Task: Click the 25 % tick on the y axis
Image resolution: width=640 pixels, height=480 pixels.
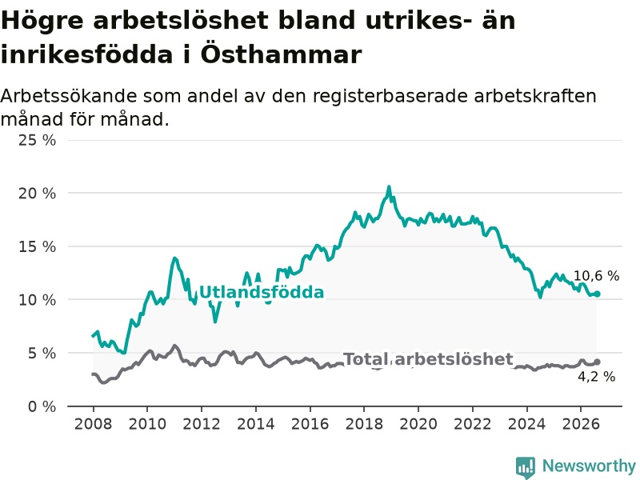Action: (x=37, y=141)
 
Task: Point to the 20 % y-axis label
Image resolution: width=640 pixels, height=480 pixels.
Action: (x=37, y=194)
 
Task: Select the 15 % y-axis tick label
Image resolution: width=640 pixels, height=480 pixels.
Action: (x=37, y=246)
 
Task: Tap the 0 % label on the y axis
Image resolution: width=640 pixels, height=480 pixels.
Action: (x=42, y=406)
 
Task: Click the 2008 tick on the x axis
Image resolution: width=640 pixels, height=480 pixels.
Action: (x=93, y=424)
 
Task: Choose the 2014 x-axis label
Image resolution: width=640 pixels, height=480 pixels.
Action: (x=255, y=424)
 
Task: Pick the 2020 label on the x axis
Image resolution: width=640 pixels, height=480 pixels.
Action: (x=418, y=424)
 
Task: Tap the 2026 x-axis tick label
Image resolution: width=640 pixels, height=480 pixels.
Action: (x=581, y=424)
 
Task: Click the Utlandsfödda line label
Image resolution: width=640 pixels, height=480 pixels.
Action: (x=262, y=292)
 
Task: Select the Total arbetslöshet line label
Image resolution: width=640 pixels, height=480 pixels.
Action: (x=428, y=359)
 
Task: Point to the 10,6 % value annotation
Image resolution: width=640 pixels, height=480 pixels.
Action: (x=596, y=276)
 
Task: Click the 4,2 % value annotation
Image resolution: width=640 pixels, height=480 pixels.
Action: (x=596, y=376)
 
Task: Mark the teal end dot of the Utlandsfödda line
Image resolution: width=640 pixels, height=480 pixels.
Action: (x=597, y=294)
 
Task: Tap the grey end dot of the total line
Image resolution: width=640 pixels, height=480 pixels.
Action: (x=597, y=362)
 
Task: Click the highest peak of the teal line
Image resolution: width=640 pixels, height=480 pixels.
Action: (x=389, y=187)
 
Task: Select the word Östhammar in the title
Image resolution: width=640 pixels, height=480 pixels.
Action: (x=281, y=54)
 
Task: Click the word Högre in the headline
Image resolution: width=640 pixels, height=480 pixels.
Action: (x=43, y=21)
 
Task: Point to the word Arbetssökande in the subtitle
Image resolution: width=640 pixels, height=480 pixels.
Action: (x=69, y=96)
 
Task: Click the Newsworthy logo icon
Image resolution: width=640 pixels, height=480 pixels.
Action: (x=526, y=466)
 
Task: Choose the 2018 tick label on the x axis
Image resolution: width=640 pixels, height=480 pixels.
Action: (x=364, y=424)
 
